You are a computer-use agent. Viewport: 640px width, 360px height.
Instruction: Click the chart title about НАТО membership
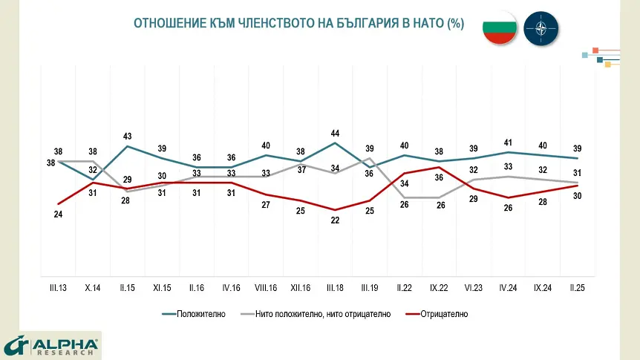(x=298, y=24)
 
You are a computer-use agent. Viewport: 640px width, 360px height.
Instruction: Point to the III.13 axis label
(x=58, y=287)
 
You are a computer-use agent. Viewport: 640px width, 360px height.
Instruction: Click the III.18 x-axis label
(x=335, y=287)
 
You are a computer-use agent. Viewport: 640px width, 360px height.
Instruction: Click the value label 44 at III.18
(x=335, y=133)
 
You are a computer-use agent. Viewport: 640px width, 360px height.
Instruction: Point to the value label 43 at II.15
(x=127, y=136)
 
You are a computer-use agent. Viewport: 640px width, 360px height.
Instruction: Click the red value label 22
(x=335, y=220)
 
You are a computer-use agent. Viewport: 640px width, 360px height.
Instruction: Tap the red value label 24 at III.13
(x=58, y=215)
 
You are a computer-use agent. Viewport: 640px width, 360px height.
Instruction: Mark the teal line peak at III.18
(x=335, y=143)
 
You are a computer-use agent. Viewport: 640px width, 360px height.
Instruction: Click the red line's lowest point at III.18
(x=335, y=210)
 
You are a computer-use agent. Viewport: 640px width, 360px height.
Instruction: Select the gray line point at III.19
(x=370, y=158)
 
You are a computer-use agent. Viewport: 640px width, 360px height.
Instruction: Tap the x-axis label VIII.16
(x=266, y=287)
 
